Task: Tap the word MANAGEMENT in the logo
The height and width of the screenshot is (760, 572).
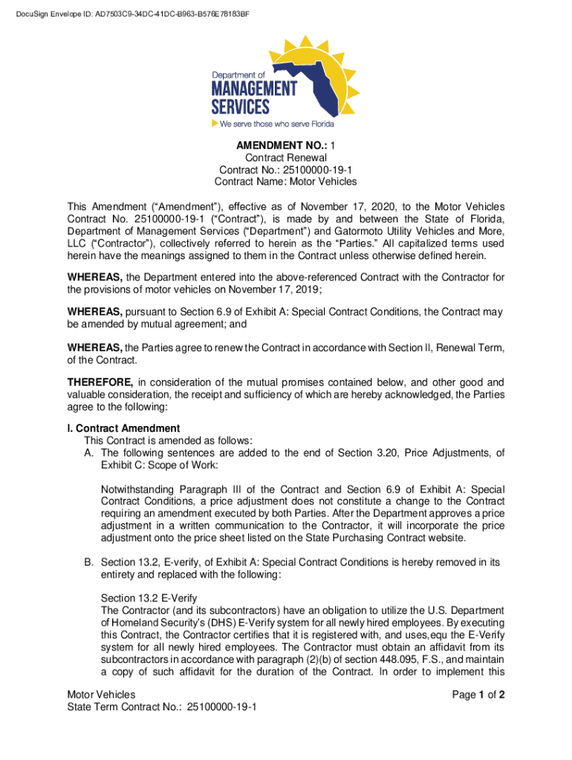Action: click(254, 88)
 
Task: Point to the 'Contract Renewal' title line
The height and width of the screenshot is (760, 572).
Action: click(285, 158)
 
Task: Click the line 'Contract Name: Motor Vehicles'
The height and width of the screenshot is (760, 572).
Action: click(285, 182)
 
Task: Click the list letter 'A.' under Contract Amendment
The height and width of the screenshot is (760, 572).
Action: click(89, 453)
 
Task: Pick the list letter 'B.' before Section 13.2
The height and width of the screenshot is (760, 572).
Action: click(89, 563)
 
